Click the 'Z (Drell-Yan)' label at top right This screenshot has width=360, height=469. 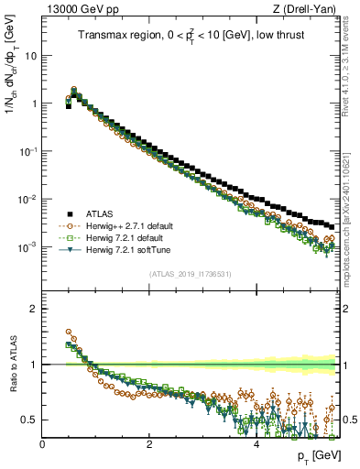(x=307, y=8)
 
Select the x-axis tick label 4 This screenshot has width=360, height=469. (x=256, y=444)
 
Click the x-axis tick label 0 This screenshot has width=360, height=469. (x=43, y=444)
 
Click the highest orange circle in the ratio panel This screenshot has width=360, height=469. (x=69, y=333)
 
